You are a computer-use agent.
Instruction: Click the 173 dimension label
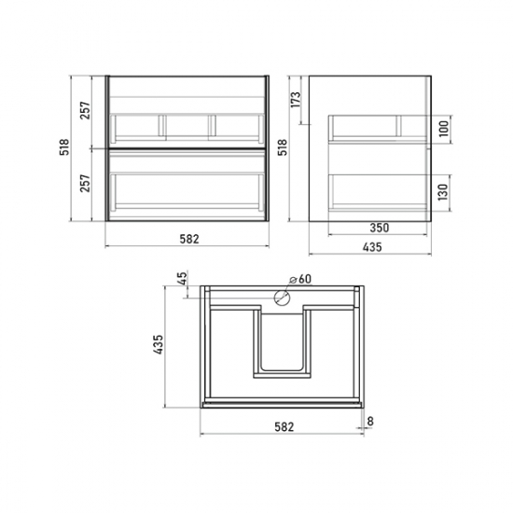pyautogui.click(x=296, y=100)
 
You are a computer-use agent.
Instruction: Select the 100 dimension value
pyautogui.click(x=444, y=129)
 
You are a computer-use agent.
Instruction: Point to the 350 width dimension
pyautogui.click(x=380, y=228)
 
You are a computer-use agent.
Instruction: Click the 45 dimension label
pyautogui.click(x=183, y=279)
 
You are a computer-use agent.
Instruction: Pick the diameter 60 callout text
pyautogui.click(x=300, y=279)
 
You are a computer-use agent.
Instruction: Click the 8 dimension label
pyautogui.click(x=370, y=422)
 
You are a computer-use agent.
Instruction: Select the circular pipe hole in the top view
pyautogui.click(x=282, y=298)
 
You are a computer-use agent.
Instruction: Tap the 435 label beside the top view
pyautogui.click(x=158, y=344)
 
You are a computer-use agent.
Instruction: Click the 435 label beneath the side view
pyautogui.click(x=372, y=247)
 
